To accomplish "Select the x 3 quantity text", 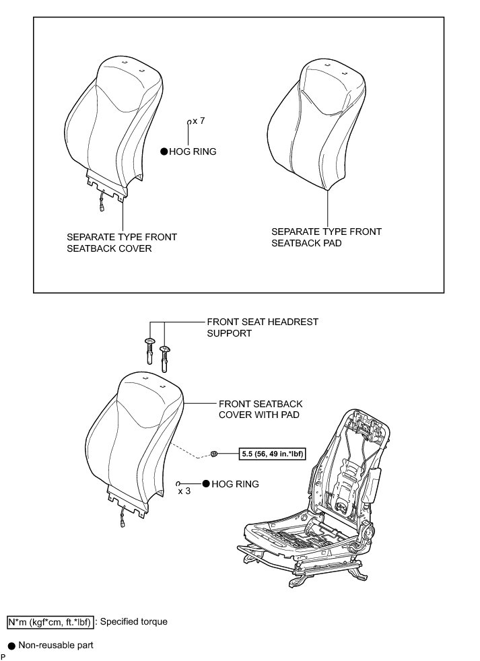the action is coord(184,491).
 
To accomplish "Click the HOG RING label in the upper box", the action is coord(193,152).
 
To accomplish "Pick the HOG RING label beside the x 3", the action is coord(235,484).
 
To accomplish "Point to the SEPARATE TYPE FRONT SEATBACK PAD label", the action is coord(326,237).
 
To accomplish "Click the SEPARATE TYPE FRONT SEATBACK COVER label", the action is coord(122,242).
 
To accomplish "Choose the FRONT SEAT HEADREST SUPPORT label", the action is coord(262,327).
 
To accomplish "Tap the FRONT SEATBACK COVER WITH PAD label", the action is coord(261,409).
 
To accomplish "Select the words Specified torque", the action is coord(134,622).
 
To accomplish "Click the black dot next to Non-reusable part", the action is coord(11,646).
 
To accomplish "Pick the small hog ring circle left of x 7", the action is coord(189,122).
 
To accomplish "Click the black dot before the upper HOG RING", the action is coord(164,153).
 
